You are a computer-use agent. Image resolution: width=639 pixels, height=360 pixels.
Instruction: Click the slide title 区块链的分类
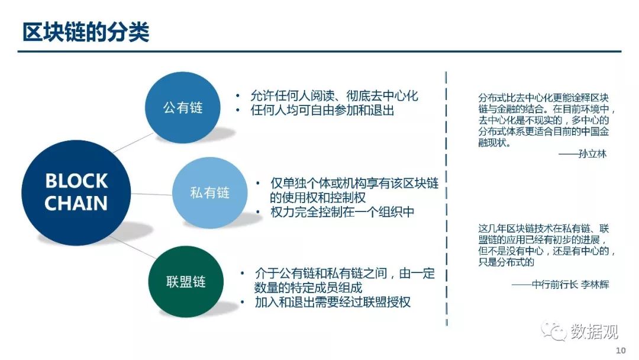coord(86,32)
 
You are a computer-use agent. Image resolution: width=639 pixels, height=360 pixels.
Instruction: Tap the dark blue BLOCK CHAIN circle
coord(76,192)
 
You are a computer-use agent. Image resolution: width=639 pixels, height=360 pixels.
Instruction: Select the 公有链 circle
coord(183,108)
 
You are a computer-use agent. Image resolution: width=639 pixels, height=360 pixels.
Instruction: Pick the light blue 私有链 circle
coord(210,192)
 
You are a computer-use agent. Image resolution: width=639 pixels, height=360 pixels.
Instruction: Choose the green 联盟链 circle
coord(186,282)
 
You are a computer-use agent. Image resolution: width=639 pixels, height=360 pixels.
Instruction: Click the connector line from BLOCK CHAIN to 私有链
coord(151,194)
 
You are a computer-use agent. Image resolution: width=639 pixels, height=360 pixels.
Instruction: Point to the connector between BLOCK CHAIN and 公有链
coord(133,143)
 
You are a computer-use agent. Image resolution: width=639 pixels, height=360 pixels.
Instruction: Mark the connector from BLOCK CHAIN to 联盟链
coord(133,247)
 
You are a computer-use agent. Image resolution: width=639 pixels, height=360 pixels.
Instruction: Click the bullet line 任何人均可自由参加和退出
coord(322,110)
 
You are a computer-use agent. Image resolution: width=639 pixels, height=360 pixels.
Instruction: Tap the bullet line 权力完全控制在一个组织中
coord(342,212)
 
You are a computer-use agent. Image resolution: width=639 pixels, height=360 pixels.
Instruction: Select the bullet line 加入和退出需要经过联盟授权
coord(332,302)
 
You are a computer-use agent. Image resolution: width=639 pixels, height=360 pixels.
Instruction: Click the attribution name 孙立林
coord(592,154)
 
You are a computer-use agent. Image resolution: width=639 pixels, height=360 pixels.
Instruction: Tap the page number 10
coord(621,350)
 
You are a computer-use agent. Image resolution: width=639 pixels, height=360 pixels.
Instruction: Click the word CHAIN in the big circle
coord(76,204)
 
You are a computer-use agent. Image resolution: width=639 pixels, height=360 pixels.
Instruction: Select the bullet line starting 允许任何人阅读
coord(334,96)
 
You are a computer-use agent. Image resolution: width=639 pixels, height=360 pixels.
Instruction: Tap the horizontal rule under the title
coord(319,52)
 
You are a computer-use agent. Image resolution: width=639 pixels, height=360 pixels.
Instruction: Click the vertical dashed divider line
coord(446,198)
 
